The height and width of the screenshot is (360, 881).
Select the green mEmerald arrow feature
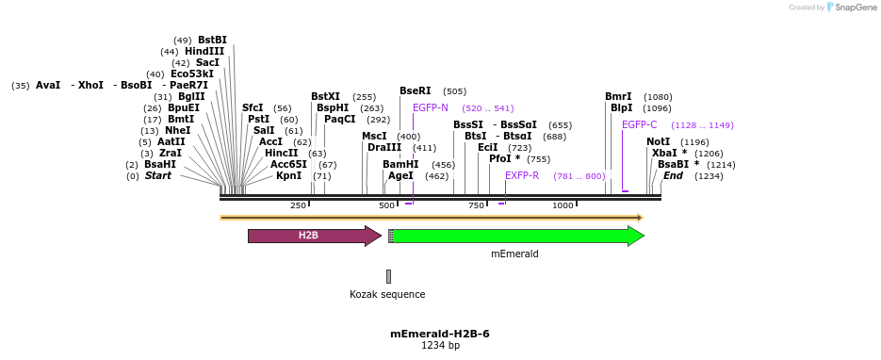[516, 236]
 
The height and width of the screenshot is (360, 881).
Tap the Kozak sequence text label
[387, 294]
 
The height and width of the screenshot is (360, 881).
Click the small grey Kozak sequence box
[388, 276]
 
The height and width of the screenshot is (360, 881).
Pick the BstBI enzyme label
[212, 40]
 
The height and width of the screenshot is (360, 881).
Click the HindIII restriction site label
[204, 52]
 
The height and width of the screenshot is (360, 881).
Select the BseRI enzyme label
[415, 91]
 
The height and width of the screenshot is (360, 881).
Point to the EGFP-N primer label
[431, 108]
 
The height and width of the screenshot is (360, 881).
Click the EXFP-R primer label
[522, 175]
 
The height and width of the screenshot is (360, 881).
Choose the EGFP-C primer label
[640, 124]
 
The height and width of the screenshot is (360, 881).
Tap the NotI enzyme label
[658, 141]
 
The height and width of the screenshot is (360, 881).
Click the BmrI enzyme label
[618, 97]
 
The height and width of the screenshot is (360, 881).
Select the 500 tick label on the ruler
[387, 205]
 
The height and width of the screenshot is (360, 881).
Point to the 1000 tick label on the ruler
[563, 205]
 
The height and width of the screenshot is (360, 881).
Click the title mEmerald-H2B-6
[440, 334]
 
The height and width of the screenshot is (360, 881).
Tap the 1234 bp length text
[440, 346]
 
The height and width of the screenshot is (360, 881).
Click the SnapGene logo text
[853, 8]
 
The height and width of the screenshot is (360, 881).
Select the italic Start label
[158, 175]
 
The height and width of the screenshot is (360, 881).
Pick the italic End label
[673, 175]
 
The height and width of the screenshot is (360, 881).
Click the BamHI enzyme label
[400, 164]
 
